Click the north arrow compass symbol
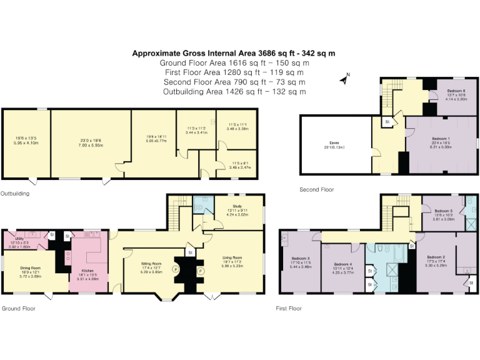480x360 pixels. [344, 79]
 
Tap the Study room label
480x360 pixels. [236, 204]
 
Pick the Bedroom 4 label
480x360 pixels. [343, 264]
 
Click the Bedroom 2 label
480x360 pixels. [436, 257]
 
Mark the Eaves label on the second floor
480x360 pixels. [334, 143]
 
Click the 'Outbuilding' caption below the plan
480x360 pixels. [14, 194]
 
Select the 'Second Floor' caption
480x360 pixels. [317, 189]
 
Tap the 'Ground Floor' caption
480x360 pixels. [17, 308]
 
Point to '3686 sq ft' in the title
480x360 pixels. [276, 53]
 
